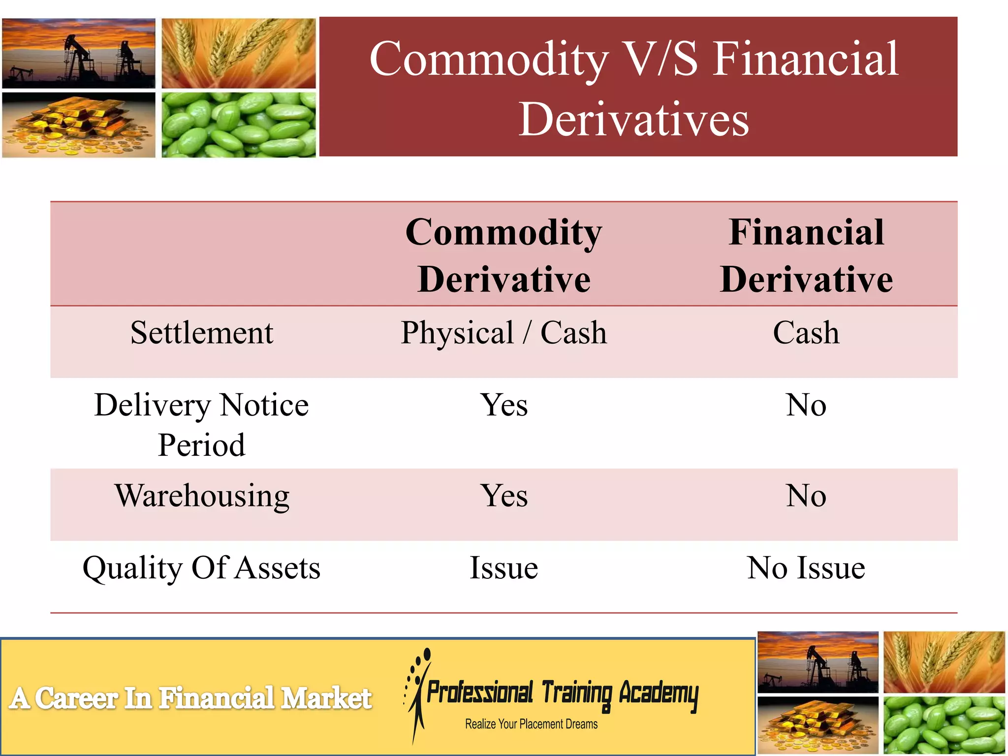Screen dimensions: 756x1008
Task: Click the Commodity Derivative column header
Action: [x=504, y=255]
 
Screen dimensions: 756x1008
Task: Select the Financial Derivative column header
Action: [x=806, y=255]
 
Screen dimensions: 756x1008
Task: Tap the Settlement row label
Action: [x=201, y=333]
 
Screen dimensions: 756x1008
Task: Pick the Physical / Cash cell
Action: [x=504, y=333]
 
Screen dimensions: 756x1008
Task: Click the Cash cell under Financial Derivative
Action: [x=806, y=333]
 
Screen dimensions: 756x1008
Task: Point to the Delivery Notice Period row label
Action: [x=201, y=424]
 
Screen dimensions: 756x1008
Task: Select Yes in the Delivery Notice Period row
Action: [x=504, y=405]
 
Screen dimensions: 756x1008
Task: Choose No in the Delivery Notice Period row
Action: [x=806, y=405]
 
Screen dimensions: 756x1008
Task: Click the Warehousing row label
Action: [x=202, y=496]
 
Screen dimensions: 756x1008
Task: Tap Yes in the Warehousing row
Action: [x=504, y=496]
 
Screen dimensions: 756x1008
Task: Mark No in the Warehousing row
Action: [x=806, y=496]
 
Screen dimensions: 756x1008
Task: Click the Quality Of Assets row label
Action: [x=201, y=568]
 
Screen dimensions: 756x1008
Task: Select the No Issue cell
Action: [x=806, y=568]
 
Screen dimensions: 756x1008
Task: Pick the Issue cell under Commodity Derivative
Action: [x=504, y=568]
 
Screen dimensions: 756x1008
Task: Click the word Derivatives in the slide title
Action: [x=634, y=119]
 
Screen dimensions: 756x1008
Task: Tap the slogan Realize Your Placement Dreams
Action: [x=531, y=724]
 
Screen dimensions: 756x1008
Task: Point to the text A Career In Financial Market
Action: [x=190, y=698]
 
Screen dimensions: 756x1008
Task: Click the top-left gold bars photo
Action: [x=79, y=125]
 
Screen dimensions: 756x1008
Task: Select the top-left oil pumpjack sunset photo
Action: [x=79, y=53]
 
